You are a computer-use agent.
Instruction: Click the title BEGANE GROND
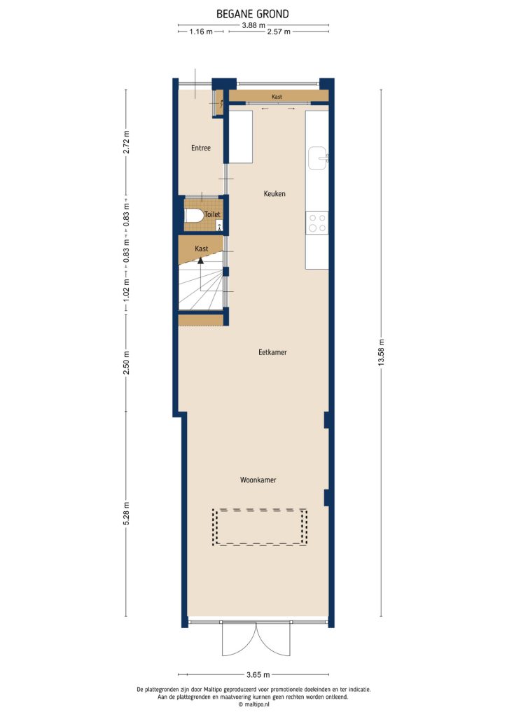253,13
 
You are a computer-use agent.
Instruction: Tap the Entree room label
201,148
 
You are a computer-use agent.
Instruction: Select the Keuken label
275,193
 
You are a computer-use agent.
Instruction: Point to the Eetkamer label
272,352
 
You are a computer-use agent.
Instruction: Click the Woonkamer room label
258,480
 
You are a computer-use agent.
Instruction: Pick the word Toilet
212,214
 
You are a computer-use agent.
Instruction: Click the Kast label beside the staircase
202,249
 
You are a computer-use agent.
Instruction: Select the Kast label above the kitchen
277,96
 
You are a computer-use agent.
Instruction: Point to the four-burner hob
317,223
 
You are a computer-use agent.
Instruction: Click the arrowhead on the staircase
201,260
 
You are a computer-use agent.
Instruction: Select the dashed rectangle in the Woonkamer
260,527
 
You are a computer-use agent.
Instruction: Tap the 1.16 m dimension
200,32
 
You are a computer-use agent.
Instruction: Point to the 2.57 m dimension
279,32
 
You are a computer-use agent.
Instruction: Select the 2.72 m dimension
126,141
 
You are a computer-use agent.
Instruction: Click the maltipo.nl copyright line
253,704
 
